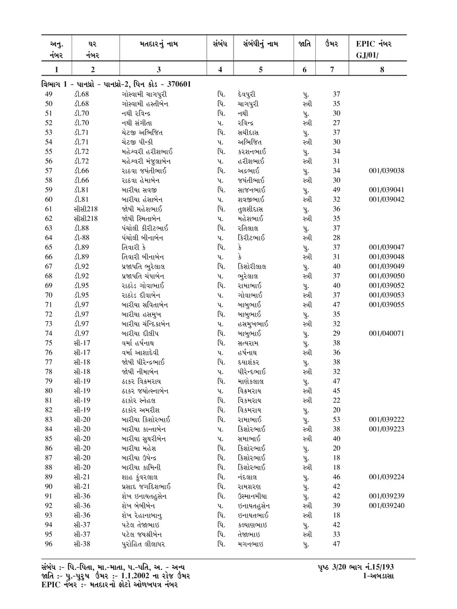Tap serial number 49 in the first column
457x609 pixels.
coord(49,94)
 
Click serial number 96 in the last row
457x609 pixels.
coord(49,544)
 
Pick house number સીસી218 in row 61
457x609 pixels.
coord(85,209)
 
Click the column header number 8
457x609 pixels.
coord(382,70)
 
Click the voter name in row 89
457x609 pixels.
coord(137,477)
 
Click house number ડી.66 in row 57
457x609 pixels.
coord(81,171)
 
